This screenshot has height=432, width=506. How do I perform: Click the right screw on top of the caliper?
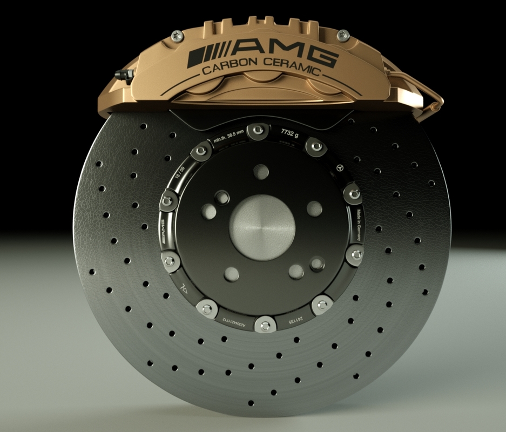341,36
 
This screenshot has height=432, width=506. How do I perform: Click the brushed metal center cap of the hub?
262,224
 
